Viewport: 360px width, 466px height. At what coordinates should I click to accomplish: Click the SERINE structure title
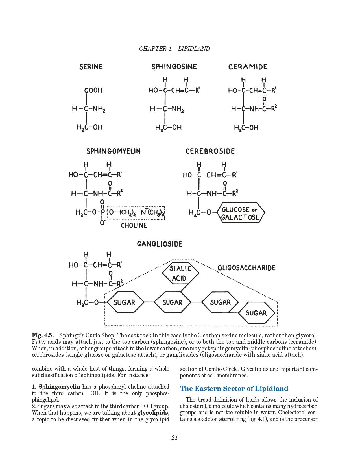click(91, 67)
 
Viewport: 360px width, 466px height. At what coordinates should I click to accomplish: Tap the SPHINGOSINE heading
click(174, 67)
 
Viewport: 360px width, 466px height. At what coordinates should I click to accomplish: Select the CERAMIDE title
click(248, 67)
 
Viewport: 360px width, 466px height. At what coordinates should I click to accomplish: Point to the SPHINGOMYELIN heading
click(114, 151)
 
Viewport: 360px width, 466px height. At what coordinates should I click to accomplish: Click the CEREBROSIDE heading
click(210, 151)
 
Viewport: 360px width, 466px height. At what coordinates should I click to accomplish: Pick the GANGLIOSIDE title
click(160, 244)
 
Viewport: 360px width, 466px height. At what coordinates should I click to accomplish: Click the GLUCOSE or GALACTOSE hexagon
click(241, 213)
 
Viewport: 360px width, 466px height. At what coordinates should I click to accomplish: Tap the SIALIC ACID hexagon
click(180, 273)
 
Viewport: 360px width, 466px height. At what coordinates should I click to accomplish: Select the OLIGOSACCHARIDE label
click(246, 268)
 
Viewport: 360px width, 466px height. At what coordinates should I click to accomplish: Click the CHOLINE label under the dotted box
click(134, 225)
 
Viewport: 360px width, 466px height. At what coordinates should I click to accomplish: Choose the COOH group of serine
click(93, 90)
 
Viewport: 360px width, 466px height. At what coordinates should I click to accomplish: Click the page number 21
click(174, 438)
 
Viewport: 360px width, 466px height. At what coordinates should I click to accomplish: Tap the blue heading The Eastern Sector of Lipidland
click(234, 389)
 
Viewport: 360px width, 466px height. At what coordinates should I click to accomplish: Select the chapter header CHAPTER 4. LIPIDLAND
click(174, 49)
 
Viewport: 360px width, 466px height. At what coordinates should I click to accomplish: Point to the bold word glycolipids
click(153, 413)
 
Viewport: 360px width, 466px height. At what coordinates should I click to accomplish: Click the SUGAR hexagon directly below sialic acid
click(172, 302)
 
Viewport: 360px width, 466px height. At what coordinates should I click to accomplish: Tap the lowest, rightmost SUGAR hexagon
click(256, 313)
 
